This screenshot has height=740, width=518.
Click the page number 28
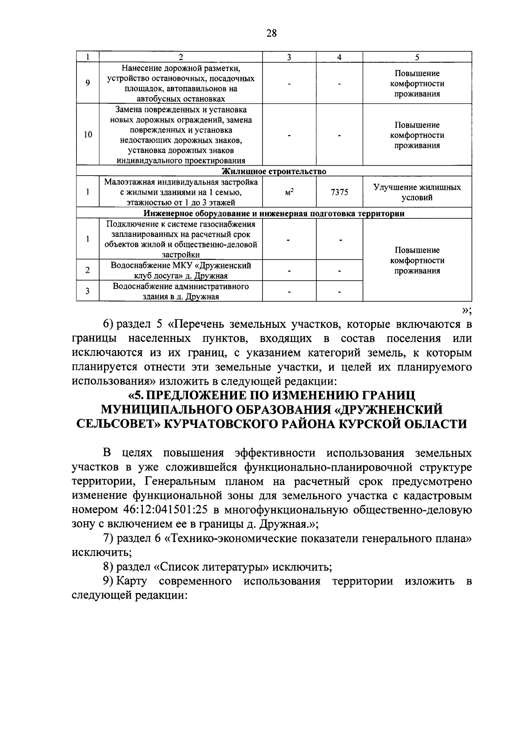tap(271, 34)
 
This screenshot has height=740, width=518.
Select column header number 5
tap(417, 57)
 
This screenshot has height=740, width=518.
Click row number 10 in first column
tap(88, 135)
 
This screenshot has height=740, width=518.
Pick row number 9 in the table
tap(88, 83)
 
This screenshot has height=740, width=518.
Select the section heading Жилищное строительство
tap(274, 171)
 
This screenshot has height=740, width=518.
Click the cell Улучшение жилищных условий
tap(417, 193)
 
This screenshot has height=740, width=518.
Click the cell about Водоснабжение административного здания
tap(181, 291)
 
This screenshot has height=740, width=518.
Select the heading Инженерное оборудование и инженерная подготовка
tap(274, 214)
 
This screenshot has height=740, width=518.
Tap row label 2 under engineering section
tap(88, 270)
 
